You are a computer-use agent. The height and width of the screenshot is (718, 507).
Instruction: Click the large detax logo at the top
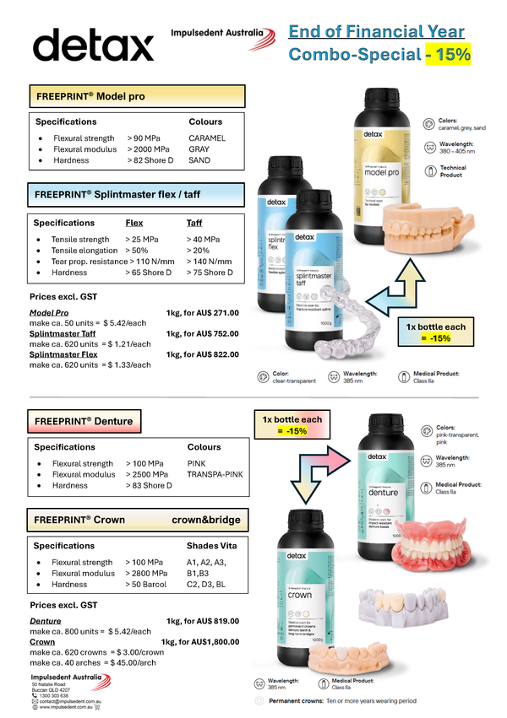(x=94, y=45)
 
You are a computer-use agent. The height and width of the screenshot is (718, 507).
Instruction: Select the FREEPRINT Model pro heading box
(x=136, y=96)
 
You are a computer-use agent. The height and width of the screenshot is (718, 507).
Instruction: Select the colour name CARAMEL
(x=208, y=138)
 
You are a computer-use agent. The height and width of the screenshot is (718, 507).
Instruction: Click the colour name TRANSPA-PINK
(x=215, y=474)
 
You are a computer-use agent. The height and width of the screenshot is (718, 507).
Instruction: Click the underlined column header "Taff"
(x=194, y=224)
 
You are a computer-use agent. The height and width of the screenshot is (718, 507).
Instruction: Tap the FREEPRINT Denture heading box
(x=82, y=420)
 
